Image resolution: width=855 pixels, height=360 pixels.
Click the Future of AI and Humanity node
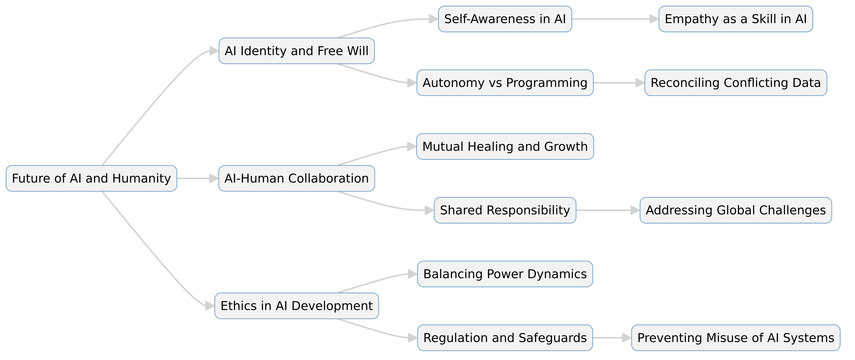point(91,178)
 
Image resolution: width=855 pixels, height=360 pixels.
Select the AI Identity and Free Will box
point(296,51)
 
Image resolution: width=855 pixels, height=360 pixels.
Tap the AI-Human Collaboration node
point(296,178)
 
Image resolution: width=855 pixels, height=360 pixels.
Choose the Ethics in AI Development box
point(296,306)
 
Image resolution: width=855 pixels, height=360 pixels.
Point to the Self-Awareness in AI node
point(505,19)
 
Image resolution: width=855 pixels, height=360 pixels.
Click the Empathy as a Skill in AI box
point(736,19)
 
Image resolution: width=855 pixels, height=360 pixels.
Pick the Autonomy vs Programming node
point(505,83)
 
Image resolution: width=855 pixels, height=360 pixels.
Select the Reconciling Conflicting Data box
point(736,83)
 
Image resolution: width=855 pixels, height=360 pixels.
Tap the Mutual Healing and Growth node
point(505,147)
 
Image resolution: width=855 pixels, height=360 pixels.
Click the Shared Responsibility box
point(505,210)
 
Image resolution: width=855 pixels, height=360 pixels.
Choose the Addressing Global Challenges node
point(736,210)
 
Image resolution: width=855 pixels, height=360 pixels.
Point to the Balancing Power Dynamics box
point(505,274)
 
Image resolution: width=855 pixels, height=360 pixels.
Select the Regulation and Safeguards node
point(505,338)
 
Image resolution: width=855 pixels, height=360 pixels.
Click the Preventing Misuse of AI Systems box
point(736,338)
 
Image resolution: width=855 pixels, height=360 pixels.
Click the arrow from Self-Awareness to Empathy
point(614,19)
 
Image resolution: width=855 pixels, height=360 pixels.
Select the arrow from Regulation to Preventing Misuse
point(611,338)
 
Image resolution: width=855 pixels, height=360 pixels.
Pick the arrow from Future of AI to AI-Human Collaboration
point(196,178)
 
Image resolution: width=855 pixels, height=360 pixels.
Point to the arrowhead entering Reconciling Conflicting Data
point(640,83)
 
